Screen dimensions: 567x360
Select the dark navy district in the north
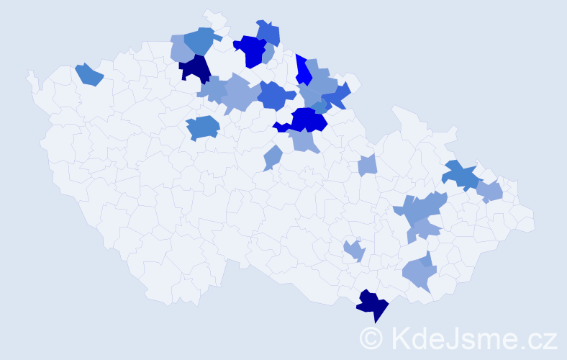pyautogui.click(x=194, y=69)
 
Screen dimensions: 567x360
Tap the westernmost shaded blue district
pyautogui.click(x=89, y=74)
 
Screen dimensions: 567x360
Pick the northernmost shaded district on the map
pyautogui.click(x=268, y=32)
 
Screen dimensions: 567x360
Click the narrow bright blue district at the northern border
pyautogui.click(x=304, y=71)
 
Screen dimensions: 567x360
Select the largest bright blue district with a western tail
pyautogui.click(x=306, y=120)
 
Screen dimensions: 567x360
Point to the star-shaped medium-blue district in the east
pyautogui.click(x=461, y=175)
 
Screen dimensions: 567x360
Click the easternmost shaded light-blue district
pyautogui.click(x=490, y=192)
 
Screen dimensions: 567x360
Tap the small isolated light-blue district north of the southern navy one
pyautogui.click(x=354, y=251)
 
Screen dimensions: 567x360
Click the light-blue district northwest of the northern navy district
pyautogui.click(x=180, y=49)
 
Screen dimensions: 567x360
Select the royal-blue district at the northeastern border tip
pyautogui.click(x=336, y=95)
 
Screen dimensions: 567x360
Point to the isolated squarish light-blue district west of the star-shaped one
pyautogui.click(x=367, y=166)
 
